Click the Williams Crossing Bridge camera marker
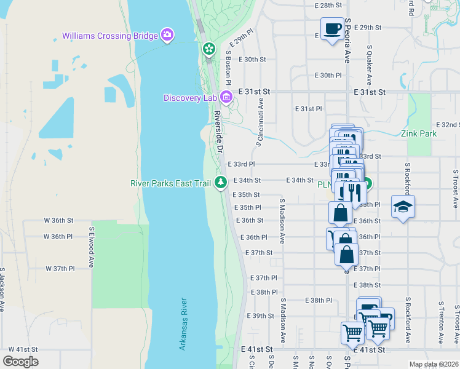(167, 34)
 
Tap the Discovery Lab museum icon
(226, 97)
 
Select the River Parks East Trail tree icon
(221, 183)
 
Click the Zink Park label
(418, 133)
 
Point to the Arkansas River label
(183, 324)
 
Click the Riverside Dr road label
(219, 133)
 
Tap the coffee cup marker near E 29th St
(332, 29)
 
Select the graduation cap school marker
(403, 207)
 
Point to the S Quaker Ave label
(369, 65)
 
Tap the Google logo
(20, 362)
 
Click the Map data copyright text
(434, 364)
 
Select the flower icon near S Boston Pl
(209, 48)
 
